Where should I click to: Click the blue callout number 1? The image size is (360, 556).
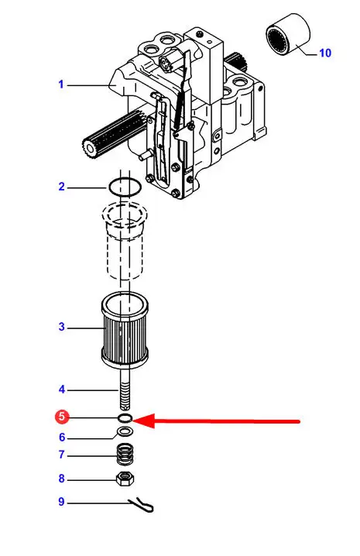coord(61,84)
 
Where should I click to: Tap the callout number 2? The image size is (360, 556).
coord(62,187)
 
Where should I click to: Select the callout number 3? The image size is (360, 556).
coord(62,327)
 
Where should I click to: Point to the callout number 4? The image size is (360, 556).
coord(62,390)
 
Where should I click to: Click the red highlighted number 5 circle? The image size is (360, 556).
coord(62,417)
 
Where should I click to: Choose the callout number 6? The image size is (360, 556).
coord(62,438)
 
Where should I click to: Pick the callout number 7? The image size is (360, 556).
coord(62,455)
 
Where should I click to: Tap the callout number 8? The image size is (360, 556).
coord(62,479)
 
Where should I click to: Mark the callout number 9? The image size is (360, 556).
coord(62,502)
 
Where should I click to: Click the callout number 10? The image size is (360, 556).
coord(325,53)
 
